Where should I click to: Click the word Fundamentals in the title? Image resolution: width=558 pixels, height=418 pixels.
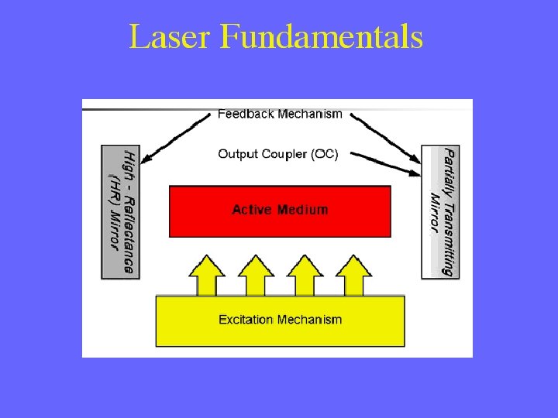(x=321, y=37)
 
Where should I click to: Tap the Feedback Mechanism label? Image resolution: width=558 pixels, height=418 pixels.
(x=280, y=114)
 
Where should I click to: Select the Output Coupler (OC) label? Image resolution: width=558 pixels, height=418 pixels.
(x=277, y=154)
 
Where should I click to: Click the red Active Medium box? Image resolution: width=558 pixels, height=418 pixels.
(x=280, y=211)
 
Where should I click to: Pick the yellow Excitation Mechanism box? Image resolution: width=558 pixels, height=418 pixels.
(x=280, y=320)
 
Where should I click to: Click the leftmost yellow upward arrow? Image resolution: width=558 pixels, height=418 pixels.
(x=207, y=275)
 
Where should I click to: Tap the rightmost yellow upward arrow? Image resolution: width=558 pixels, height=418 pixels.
(x=354, y=275)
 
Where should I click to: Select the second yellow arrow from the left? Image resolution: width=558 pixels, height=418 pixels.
(x=256, y=275)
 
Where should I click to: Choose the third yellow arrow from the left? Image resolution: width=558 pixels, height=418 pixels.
(x=305, y=275)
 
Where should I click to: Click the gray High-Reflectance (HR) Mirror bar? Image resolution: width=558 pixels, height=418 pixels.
(x=121, y=211)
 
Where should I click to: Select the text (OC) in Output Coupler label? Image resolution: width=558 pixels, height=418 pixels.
(x=325, y=154)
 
